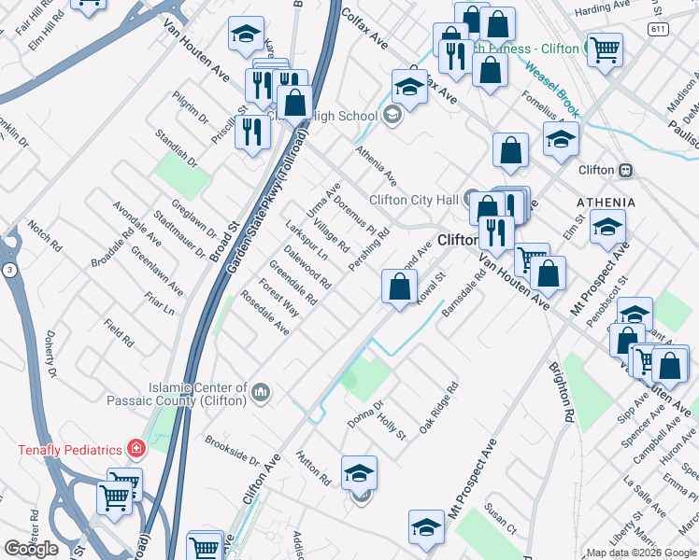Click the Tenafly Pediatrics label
(x=70, y=450)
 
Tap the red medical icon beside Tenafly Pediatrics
(x=136, y=449)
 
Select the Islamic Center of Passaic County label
(x=197, y=394)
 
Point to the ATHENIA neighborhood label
(x=606, y=202)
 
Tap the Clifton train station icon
(x=625, y=170)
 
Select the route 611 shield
(x=661, y=30)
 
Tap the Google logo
(x=32, y=548)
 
